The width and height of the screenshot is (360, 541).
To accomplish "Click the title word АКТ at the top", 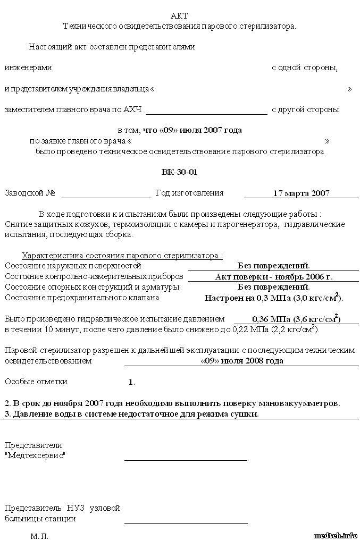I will pyautogui.click(x=179, y=16).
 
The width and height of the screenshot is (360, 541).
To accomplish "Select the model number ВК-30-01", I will pyautogui.click(x=180, y=172).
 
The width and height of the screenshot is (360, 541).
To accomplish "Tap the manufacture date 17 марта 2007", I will pyautogui.click(x=301, y=193).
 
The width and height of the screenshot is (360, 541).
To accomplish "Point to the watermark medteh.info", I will pyautogui.click(x=336, y=534).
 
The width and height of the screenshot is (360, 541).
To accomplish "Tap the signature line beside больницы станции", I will pyautogui.click(x=186, y=522).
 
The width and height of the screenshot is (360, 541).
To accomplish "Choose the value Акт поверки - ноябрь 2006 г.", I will pyautogui.click(x=274, y=277).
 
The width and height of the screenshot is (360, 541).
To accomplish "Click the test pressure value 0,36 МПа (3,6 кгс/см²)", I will pyautogui.click(x=287, y=319).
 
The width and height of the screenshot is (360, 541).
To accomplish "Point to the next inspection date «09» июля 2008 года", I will pyautogui.click(x=242, y=361).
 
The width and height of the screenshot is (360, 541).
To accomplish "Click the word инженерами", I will pyautogui.click(x=28, y=68).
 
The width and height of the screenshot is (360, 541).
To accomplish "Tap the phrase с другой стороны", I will pyautogui.click(x=305, y=110).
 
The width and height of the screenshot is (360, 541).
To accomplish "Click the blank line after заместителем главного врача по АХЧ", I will pyautogui.click(x=206, y=112).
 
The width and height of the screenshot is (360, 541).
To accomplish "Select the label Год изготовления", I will pyautogui.click(x=189, y=193).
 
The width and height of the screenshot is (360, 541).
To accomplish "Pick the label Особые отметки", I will pyautogui.click(x=36, y=382).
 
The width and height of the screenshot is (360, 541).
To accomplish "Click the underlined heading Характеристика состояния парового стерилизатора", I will pyautogui.click(x=122, y=255).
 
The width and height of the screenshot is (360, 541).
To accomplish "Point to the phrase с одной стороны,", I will pyautogui.click(x=305, y=68).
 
